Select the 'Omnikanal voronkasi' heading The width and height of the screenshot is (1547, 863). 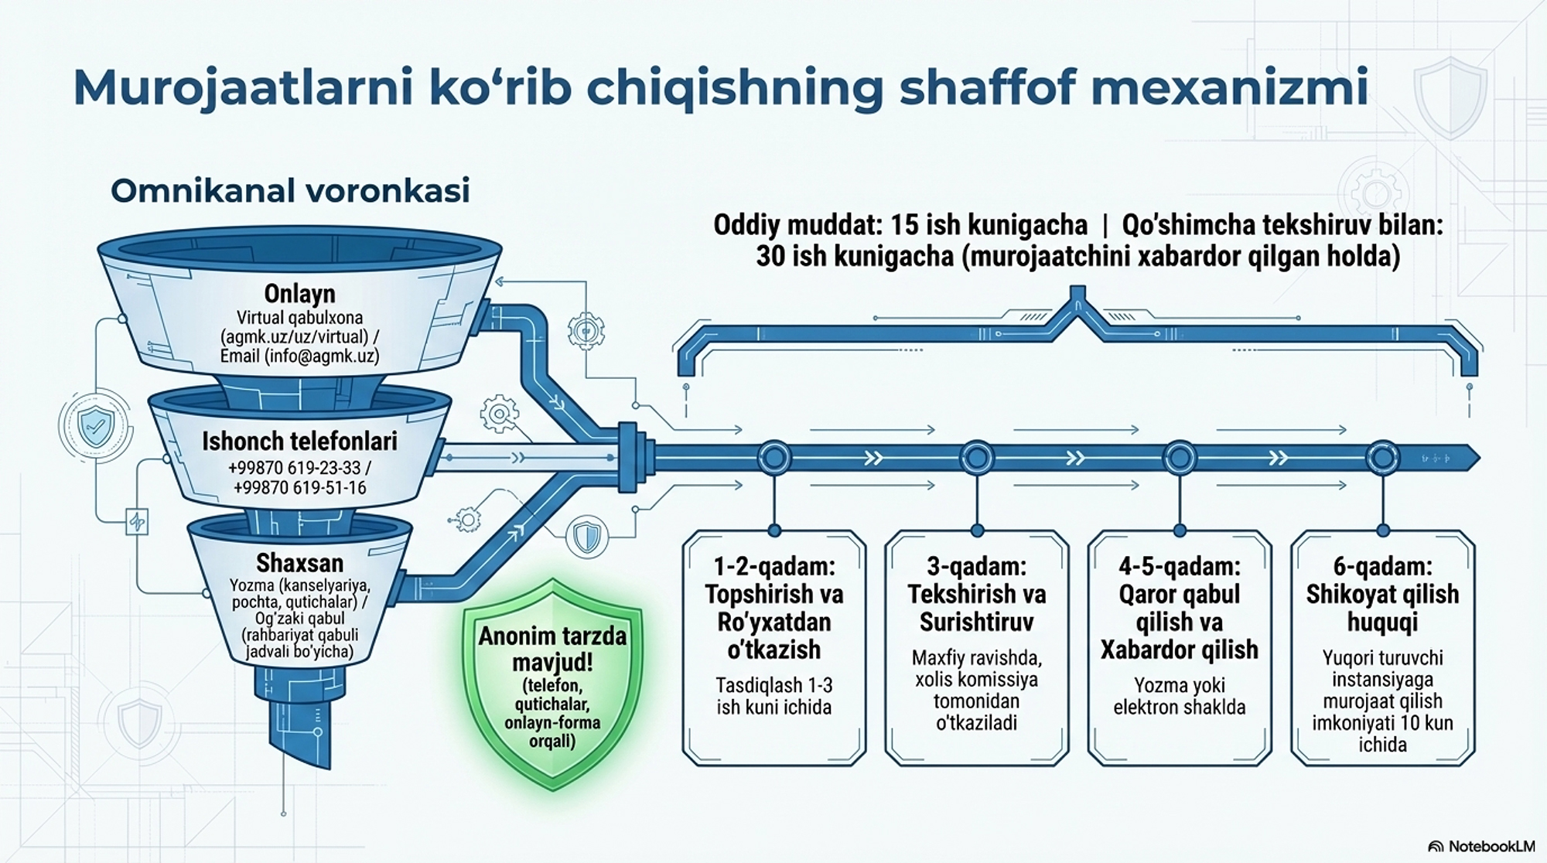[x=290, y=191]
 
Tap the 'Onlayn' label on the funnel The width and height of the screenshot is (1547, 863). [x=299, y=293]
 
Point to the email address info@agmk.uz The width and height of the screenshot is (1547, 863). [x=321, y=356]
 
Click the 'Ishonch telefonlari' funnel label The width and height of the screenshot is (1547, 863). [x=299, y=441]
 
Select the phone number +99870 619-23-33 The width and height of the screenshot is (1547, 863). [x=295, y=468]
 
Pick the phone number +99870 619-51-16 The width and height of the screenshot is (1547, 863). [x=299, y=487]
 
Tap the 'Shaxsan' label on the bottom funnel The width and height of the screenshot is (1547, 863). [x=299, y=562]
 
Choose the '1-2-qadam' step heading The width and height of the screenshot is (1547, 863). [x=774, y=566]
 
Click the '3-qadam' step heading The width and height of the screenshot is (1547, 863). [x=977, y=566]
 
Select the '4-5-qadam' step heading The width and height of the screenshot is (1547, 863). [x=1180, y=566]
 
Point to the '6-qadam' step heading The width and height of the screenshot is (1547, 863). [x=1382, y=566]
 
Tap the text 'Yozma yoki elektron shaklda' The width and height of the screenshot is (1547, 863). [x=1180, y=696]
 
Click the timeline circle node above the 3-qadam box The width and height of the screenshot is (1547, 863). [x=977, y=458]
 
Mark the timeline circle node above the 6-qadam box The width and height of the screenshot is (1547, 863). [x=1382, y=458]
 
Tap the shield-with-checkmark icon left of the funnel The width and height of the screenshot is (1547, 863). [x=97, y=425]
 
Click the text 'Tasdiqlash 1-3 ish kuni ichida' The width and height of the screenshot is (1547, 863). [x=774, y=696]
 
